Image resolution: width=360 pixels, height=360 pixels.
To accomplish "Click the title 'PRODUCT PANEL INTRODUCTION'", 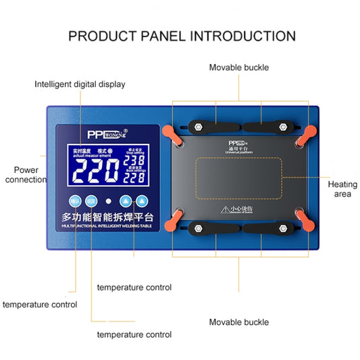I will pos(182,36).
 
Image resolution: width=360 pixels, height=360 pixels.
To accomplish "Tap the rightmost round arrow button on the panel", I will pos(142,201).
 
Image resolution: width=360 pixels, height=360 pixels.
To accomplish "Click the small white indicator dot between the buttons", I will pos(108,201).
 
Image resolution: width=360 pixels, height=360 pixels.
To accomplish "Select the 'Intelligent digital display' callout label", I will pos(80,84).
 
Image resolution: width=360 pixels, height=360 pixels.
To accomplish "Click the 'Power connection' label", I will pos(26,175).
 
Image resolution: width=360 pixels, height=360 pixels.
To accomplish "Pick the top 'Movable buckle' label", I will pos(238,68).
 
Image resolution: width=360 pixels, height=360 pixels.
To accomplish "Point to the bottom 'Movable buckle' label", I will pos(238,322).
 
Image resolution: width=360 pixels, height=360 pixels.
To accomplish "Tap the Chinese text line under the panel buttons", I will pos(108,218).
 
